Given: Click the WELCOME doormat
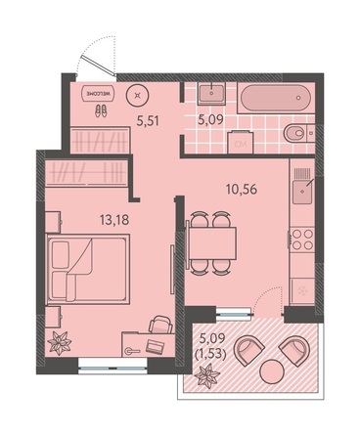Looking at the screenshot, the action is click(98, 94).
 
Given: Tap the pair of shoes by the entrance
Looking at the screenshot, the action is click(101, 110).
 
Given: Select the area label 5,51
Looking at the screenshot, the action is click(148, 121).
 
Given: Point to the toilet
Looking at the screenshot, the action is click(298, 133).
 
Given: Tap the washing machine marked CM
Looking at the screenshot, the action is click(241, 142).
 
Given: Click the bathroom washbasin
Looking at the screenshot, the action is click(211, 94).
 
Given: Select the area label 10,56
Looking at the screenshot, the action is click(242, 190).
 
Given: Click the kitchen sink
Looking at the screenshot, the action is click(302, 192).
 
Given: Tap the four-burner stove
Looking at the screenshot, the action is click(302, 239).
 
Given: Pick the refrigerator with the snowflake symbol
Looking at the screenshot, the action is click(302, 291).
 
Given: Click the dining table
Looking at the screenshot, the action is click(211, 242).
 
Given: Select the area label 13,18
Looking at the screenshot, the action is click(114, 221).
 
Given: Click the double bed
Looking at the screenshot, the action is click(88, 269).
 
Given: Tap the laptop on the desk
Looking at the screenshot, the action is click(156, 346).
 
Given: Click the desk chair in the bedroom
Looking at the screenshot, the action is click(160, 324).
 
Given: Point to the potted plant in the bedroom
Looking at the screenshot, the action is click(60, 343).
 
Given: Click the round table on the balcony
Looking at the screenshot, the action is click(272, 371).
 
